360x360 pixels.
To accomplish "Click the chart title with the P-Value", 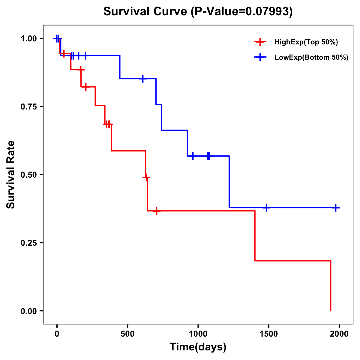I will click(x=198, y=12).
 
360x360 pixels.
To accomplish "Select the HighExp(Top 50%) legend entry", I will click(x=306, y=42).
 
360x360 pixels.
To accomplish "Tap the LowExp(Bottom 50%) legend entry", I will click(x=311, y=58).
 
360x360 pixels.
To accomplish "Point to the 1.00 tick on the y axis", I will click(x=28, y=39).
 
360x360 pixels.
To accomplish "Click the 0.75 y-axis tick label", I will click(x=28, y=107).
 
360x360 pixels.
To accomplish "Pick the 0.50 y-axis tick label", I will click(x=28, y=175).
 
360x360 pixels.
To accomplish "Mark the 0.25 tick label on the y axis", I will click(x=28, y=243).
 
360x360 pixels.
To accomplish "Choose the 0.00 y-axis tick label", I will click(x=28, y=311).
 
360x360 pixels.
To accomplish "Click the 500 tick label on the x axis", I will click(x=127, y=334).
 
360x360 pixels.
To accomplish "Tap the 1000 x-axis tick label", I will click(x=198, y=334).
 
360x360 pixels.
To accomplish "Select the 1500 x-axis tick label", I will click(x=268, y=334).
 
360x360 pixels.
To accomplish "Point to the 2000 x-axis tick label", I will click(x=339, y=334).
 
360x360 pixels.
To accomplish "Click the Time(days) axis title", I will click(x=198, y=347).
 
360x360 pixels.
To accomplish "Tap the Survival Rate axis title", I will click(x=11, y=175).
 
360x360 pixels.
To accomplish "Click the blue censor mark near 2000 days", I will click(x=336, y=208).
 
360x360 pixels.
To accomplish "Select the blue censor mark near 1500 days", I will click(x=266, y=208).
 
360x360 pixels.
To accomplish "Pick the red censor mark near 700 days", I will click(x=156, y=211).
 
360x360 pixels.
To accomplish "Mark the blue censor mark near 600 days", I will click(x=143, y=79).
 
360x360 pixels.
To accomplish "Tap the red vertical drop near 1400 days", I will click(x=255, y=236).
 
